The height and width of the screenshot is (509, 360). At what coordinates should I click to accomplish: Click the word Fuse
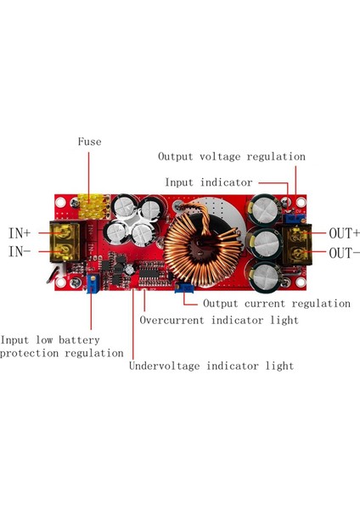point(90,142)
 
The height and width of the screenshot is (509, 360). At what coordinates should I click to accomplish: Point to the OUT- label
point(344,253)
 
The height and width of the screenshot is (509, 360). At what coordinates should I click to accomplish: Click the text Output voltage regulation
point(231,157)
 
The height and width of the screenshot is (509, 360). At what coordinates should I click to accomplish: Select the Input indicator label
point(209,182)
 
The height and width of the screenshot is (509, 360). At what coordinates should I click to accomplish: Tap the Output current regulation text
point(277,303)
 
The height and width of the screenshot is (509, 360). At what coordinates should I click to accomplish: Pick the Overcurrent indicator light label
point(218,321)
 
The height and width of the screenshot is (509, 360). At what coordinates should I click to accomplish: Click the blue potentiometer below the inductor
point(183,289)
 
